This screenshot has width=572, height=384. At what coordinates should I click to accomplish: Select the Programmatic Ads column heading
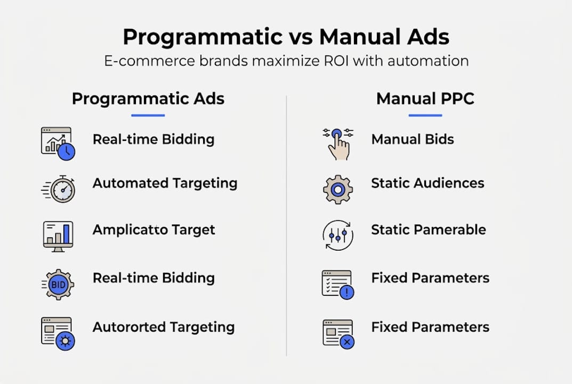click(148, 99)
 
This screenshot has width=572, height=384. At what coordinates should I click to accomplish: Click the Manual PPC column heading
click(425, 99)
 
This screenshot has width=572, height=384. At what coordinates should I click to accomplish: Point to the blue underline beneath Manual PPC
click(425, 115)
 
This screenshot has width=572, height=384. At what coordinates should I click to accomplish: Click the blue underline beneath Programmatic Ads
click(148, 115)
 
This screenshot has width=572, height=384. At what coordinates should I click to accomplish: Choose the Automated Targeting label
click(165, 183)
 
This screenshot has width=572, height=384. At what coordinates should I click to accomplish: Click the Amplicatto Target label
click(154, 230)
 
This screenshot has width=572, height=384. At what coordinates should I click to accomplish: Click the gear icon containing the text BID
click(58, 284)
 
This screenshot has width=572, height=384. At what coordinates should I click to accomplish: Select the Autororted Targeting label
click(163, 327)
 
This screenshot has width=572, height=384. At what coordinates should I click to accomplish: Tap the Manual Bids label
click(412, 140)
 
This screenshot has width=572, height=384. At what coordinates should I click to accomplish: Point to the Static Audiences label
click(428, 183)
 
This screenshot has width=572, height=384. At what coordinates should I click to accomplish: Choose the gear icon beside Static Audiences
click(338, 189)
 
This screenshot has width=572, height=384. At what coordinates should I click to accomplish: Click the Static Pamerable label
click(428, 230)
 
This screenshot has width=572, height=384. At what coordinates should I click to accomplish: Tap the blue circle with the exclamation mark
click(347, 292)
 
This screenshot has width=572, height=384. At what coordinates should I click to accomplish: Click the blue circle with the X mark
click(347, 341)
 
